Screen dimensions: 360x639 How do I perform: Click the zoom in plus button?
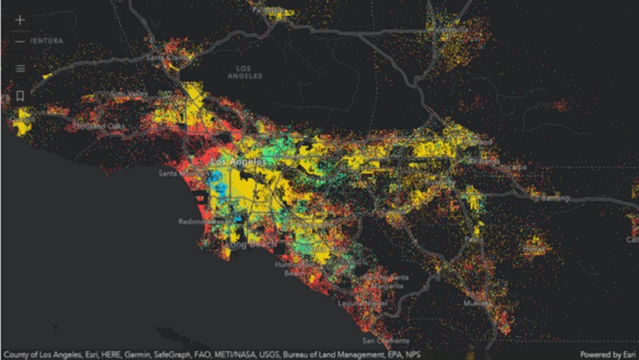click(20, 20)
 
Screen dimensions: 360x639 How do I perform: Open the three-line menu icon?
click(20, 68)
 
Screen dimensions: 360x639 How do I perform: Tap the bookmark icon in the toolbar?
click(20, 95)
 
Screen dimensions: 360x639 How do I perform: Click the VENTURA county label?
click(47, 40)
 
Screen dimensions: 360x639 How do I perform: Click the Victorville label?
click(452, 31)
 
